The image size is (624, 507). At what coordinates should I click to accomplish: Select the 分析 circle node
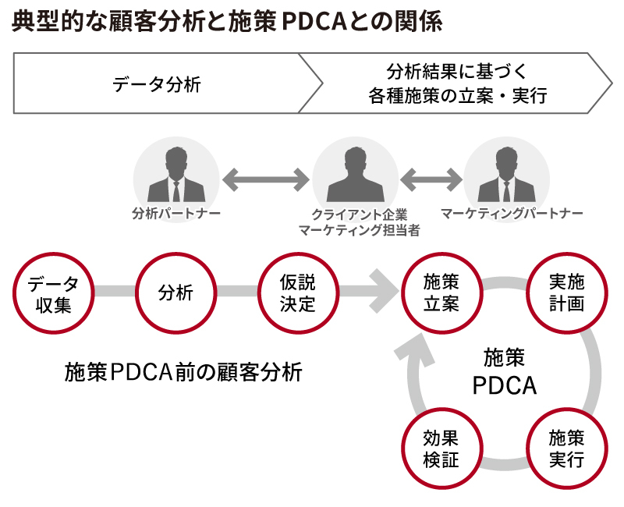point(175,292)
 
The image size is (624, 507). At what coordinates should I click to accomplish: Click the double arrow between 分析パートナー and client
point(265,180)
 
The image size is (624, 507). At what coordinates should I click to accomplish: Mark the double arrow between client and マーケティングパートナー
point(431,180)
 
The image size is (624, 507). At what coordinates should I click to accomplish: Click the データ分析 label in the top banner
point(157,84)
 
